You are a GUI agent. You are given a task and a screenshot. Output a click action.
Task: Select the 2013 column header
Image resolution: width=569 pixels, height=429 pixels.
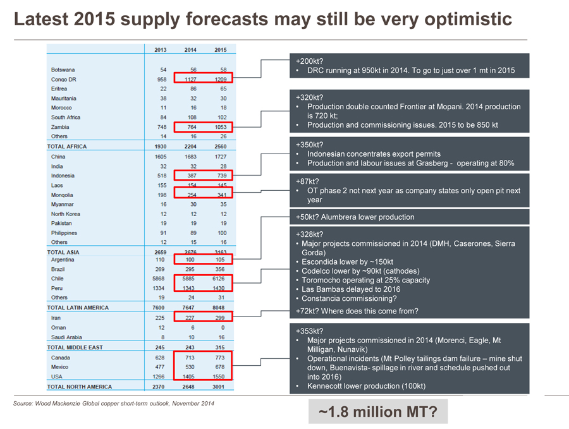(161, 49)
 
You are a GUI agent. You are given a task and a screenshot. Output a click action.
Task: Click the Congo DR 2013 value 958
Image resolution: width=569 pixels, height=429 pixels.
(161, 79)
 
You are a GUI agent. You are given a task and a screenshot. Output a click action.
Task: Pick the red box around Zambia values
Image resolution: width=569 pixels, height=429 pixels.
(203, 127)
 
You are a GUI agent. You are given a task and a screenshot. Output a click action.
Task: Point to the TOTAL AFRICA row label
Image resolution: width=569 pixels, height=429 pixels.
(67, 147)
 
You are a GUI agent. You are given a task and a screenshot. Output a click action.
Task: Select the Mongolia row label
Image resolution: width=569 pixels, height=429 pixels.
(63, 195)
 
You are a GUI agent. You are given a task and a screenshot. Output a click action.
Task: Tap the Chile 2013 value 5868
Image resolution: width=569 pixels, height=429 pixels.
(159, 278)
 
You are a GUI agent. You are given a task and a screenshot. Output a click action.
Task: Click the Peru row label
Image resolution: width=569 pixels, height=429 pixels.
(57, 288)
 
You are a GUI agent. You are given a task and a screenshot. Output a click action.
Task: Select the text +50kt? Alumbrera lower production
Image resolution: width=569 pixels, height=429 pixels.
(355, 217)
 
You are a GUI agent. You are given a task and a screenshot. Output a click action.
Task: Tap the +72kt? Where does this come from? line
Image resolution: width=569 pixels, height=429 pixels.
(357, 311)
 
